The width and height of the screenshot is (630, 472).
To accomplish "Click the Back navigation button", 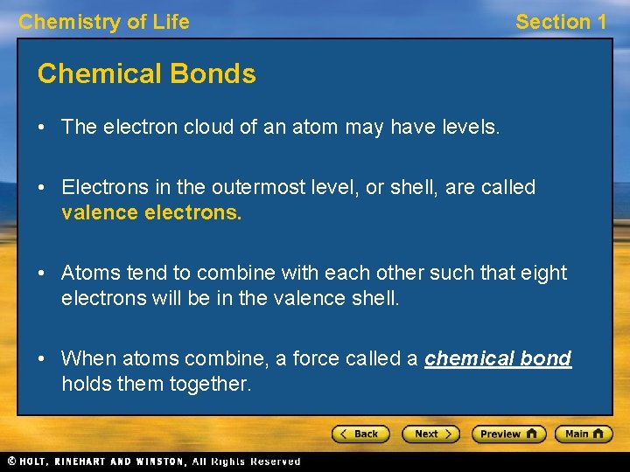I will coord(360,434).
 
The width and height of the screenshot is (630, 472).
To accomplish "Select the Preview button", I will coord(508,434).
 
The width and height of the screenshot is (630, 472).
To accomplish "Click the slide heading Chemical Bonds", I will coord(147,74).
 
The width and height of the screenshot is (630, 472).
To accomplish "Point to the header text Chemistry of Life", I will coord(104,22).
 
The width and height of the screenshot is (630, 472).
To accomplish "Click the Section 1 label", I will coord(561,22).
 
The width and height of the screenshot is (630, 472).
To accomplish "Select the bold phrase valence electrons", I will coord(151,212).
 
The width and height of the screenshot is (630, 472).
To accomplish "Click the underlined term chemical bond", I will coord(498,358).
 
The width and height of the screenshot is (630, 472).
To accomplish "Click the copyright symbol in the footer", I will coord(11,462).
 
